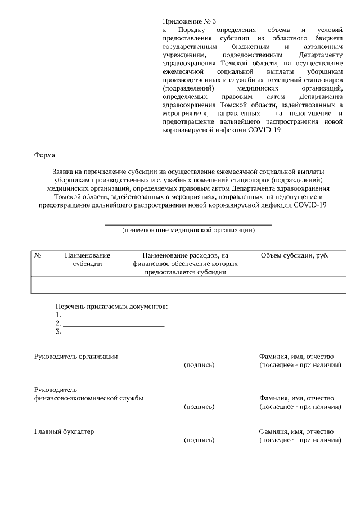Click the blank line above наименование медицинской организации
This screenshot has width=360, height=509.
(188, 224)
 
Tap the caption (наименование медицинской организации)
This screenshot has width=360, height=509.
(188, 231)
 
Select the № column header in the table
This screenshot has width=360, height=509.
(39, 255)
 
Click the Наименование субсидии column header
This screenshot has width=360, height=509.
(87, 259)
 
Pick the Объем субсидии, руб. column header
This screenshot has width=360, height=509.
(295, 255)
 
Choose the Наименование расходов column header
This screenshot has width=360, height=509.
(185, 263)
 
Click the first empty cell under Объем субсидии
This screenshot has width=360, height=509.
(295, 280)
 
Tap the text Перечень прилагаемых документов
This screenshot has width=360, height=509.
(111, 307)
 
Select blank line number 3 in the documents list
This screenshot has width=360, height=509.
(113, 332)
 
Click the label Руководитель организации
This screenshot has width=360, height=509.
(76, 357)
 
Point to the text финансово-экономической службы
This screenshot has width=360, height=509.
(88, 398)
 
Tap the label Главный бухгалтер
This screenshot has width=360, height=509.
(64, 431)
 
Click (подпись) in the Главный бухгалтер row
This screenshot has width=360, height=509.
(199, 440)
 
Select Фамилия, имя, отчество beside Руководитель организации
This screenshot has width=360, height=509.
(296, 357)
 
